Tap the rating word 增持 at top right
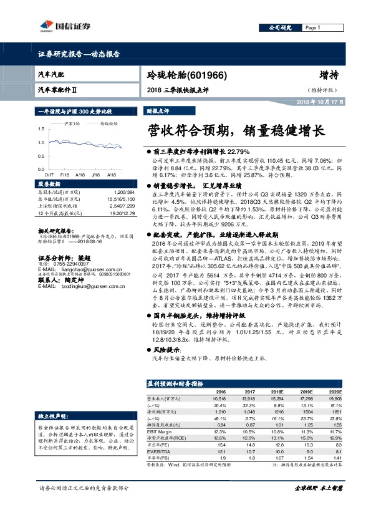click(x=329, y=75)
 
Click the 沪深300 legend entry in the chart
click(x=72, y=124)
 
